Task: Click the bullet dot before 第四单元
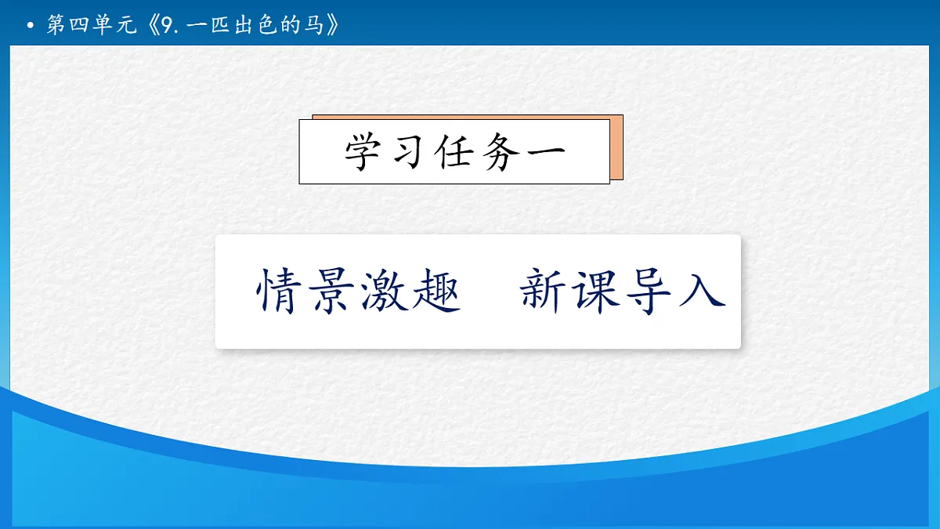point(31,27)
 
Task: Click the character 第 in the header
point(56,26)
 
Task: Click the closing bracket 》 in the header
point(334,26)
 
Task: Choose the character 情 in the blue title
point(280,292)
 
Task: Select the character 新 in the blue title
point(545,292)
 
